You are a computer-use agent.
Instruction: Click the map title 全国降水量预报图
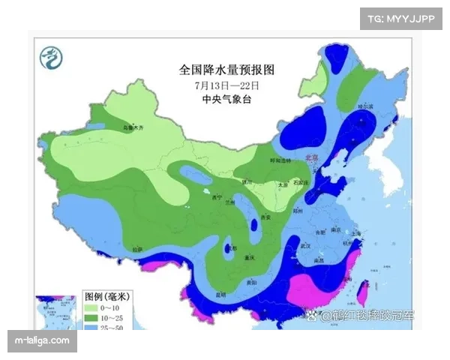click(x=227, y=70)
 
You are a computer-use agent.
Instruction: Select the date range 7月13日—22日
click(x=227, y=85)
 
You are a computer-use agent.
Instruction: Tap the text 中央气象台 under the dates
click(x=227, y=98)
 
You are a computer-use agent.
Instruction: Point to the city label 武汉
click(x=304, y=245)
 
